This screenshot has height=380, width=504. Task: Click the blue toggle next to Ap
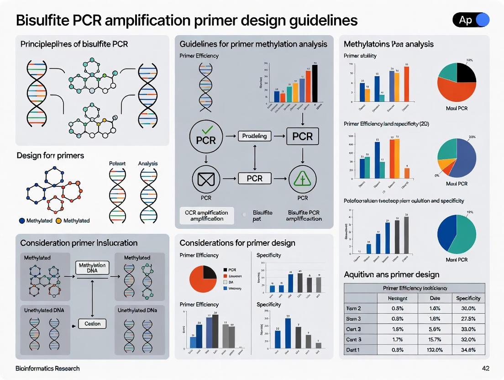click(x=482, y=20)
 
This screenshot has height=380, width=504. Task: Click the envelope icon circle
click(x=206, y=179)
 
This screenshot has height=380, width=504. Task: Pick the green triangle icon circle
click(x=302, y=179)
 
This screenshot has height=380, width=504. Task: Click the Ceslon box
click(x=92, y=324)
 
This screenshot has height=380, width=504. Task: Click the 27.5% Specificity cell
click(x=468, y=319)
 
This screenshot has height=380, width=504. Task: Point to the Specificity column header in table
click(x=468, y=298)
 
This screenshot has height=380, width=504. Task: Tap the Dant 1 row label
click(x=354, y=350)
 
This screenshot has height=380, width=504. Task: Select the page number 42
click(x=485, y=368)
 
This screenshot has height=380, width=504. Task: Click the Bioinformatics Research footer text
click(x=47, y=368)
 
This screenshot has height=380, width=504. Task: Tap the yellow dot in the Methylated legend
click(x=58, y=221)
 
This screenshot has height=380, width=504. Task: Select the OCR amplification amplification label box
click(x=206, y=216)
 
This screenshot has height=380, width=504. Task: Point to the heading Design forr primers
click(x=50, y=155)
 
